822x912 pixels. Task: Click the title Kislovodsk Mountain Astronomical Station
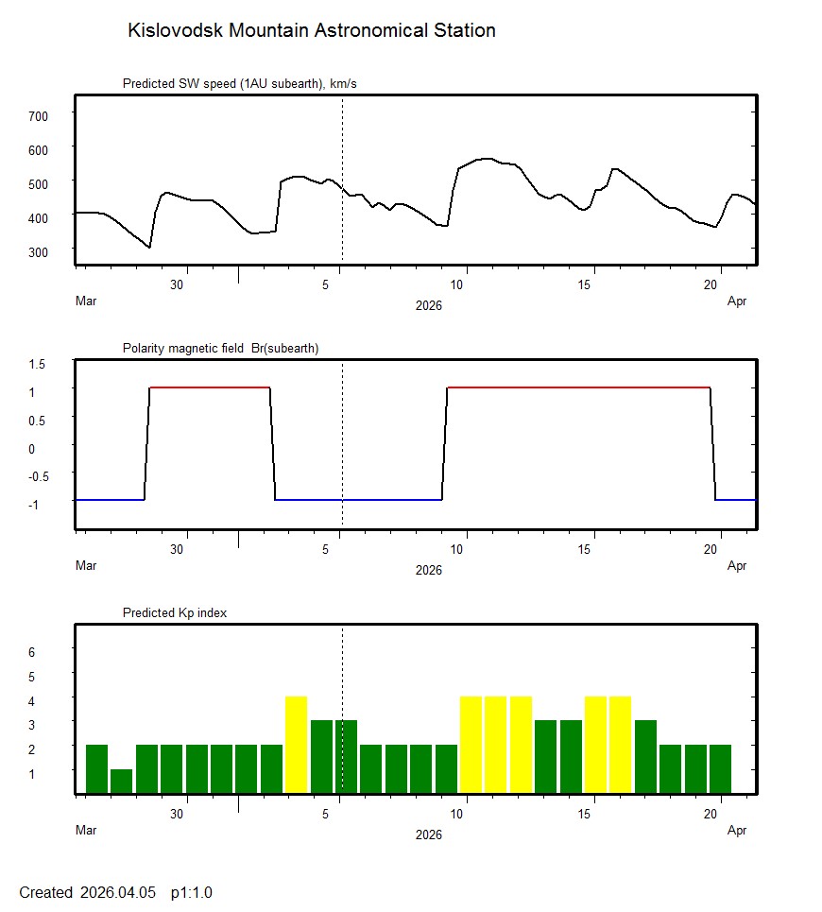click(311, 30)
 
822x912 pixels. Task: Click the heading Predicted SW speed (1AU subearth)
click(239, 84)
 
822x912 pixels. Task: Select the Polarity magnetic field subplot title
click(220, 349)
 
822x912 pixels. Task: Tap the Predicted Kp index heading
click(175, 613)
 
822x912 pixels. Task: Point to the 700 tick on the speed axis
click(40, 115)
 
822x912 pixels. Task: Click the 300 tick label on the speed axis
click(40, 251)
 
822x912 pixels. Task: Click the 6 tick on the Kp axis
click(31, 652)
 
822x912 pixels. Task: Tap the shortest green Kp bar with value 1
click(121, 782)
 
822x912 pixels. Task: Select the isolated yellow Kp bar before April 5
click(296, 745)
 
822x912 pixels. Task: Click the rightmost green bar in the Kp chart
click(720, 769)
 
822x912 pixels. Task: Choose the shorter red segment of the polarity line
click(210, 387)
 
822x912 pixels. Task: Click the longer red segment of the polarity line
click(577, 387)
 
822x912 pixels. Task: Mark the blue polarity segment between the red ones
click(358, 499)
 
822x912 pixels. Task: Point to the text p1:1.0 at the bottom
click(192, 892)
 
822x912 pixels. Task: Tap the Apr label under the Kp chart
click(737, 831)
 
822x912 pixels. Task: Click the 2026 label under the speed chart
click(429, 305)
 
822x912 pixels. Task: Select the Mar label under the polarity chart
click(86, 566)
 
